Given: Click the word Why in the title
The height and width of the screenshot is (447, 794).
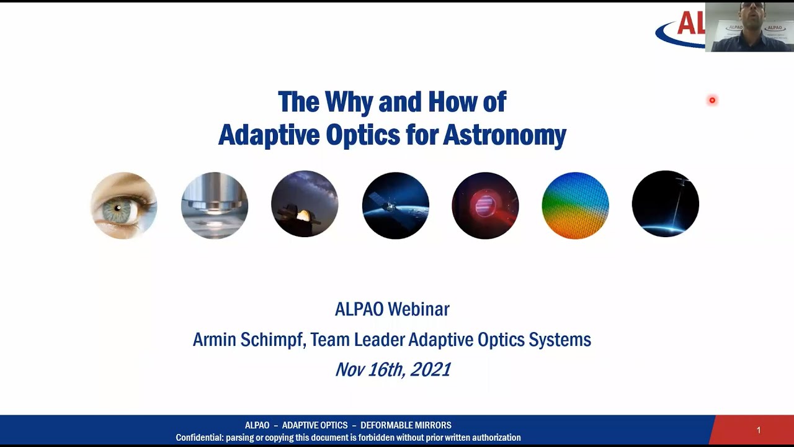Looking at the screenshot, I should tap(348, 102).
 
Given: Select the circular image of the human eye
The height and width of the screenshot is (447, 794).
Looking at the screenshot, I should tap(124, 205).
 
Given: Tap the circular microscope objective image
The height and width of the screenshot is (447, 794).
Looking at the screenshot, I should tap(215, 205).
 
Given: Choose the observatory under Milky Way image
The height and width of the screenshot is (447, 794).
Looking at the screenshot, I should tap(305, 204).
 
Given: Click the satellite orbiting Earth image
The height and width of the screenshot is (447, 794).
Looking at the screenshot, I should tap(395, 205).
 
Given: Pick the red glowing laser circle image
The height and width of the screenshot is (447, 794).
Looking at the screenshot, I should tap(485, 205).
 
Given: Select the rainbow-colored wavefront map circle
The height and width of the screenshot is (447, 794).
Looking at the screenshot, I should tap(575, 205).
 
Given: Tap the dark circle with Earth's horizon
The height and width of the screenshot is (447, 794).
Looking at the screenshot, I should tap(665, 204).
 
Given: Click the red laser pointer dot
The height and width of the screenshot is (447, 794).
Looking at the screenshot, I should tap(712, 100).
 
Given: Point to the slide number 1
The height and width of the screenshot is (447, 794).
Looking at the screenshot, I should tap(758, 430).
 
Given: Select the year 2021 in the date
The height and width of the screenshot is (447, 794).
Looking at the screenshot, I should tap(430, 369).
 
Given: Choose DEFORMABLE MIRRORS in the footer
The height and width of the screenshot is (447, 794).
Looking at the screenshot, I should tap(406, 425).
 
